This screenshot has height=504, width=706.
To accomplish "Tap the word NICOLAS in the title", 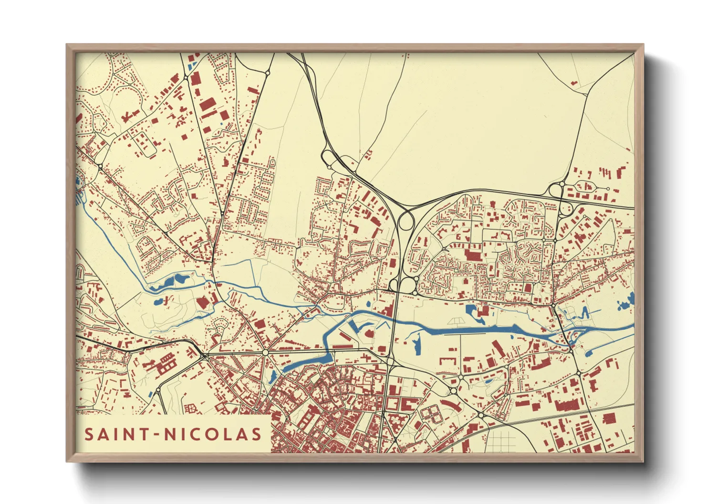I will (212, 434).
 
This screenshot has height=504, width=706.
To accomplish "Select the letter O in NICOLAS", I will (209, 434).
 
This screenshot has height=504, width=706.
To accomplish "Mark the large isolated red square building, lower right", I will (609, 418).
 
